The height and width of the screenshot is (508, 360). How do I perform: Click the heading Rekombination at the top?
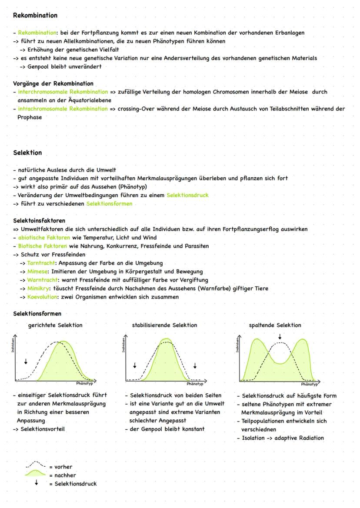point(35,15)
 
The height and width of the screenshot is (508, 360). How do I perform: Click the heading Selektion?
point(27,153)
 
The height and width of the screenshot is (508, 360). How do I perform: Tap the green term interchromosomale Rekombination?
point(63,92)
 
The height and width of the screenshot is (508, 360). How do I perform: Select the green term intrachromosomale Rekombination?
point(63,109)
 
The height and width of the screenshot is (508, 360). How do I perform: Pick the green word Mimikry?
point(39,288)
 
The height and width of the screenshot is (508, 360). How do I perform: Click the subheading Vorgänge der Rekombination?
point(53,83)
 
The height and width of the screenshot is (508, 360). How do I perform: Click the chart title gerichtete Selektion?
point(55,325)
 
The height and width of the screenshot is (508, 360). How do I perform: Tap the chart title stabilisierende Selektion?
point(164,325)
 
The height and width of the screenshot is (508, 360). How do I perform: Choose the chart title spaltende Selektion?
point(275,325)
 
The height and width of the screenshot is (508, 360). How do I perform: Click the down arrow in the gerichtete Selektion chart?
point(26,362)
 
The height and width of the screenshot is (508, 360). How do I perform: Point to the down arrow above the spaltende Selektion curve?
point(280,337)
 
